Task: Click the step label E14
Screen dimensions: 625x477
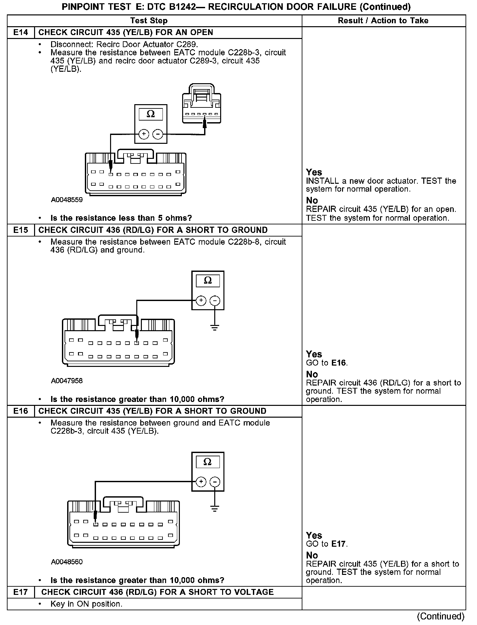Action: pyautogui.click(x=21, y=32)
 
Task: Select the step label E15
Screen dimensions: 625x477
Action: pyautogui.click(x=21, y=230)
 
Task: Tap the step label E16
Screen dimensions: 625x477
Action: pyautogui.click(x=21, y=411)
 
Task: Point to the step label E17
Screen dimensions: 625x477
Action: pyautogui.click(x=21, y=592)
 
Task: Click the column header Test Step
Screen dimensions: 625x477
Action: pyautogui.click(x=149, y=21)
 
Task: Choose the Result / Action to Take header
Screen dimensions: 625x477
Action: pyautogui.click(x=383, y=21)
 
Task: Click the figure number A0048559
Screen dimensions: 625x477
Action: pyautogui.click(x=67, y=200)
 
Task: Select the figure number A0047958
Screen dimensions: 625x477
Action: pyautogui.click(x=67, y=381)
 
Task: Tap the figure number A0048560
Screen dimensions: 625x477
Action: pyautogui.click(x=67, y=562)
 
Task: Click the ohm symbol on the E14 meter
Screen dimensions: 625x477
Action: pyautogui.click(x=151, y=114)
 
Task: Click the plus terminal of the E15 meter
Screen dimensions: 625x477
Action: pyautogui.click(x=201, y=301)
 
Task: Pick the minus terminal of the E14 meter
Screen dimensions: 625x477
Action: pyautogui.click(x=158, y=134)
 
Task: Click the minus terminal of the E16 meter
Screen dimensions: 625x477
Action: pyautogui.click(x=215, y=482)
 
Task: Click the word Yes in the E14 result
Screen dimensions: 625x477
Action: pyautogui.click(x=314, y=172)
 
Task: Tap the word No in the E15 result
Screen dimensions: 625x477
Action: pyautogui.click(x=312, y=374)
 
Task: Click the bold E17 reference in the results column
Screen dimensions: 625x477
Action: pyautogui.click(x=339, y=544)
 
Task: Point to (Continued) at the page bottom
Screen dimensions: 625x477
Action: pyautogui.click(x=440, y=616)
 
